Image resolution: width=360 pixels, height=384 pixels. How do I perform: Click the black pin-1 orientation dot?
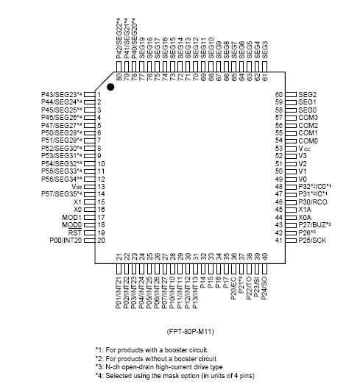111,88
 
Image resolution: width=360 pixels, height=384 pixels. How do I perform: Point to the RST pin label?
77,232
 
